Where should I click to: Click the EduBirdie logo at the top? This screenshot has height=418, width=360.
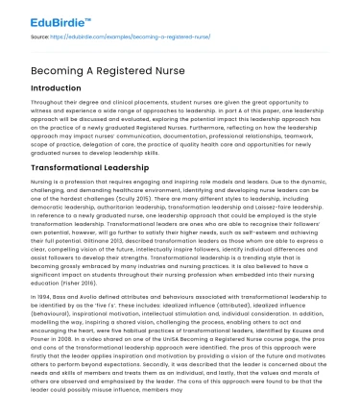tap(43, 16)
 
